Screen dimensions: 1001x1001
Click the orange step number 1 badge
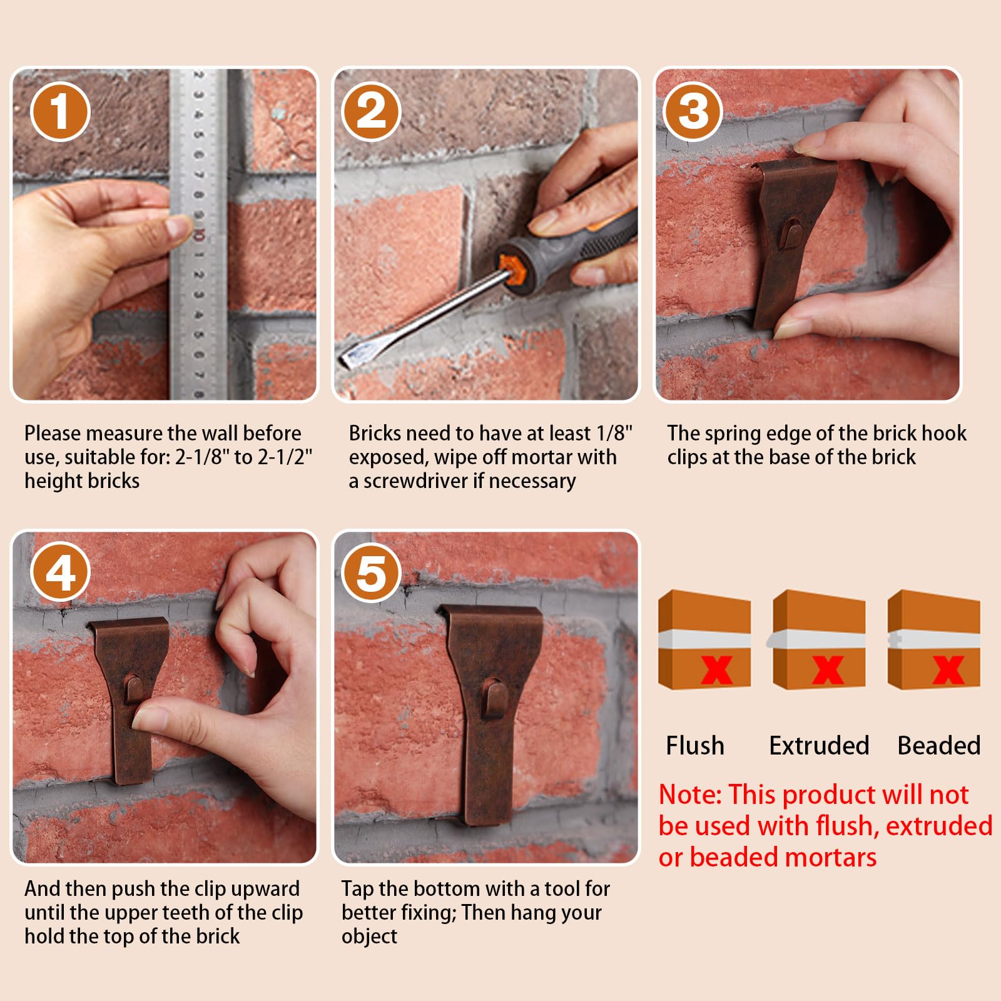pos(60,111)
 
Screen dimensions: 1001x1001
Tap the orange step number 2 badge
pos(371,111)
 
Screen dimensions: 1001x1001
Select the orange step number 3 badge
pos(693,111)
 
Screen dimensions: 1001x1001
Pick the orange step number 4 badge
pos(60,572)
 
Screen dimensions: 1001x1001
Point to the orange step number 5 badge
pos(371,572)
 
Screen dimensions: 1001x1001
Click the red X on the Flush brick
pos(717,670)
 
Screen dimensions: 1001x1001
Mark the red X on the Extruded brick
pos(828,670)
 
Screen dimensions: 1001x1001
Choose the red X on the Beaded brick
pos(948,670)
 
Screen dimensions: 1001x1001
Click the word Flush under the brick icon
pos(695,746)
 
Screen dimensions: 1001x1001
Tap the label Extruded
pos(819,746)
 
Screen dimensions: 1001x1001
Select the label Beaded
pos(939,746)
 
